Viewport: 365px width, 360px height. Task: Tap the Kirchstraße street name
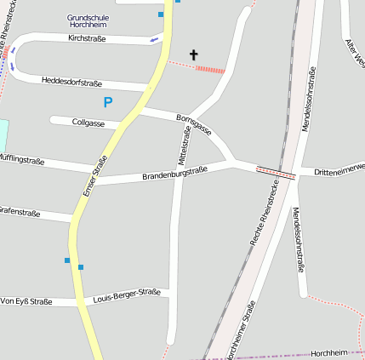[87, 38]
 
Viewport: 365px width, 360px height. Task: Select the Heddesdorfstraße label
[71, 82]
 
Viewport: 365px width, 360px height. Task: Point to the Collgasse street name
[88, 123]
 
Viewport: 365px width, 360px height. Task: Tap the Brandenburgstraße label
[174, 174]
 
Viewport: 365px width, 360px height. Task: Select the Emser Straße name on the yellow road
[95, 177]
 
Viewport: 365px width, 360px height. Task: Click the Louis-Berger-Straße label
[127, 295]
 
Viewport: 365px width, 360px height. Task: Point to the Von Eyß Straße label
[26, 301]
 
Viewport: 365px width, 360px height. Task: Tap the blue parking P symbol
[108, 102]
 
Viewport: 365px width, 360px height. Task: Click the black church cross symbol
[193, 55]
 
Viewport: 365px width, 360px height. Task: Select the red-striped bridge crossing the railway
[276, 173]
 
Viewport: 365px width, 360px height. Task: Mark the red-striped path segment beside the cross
[209, 69]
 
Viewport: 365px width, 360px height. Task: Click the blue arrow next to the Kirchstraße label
[154, 39]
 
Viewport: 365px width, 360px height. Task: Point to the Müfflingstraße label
[22, 158]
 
